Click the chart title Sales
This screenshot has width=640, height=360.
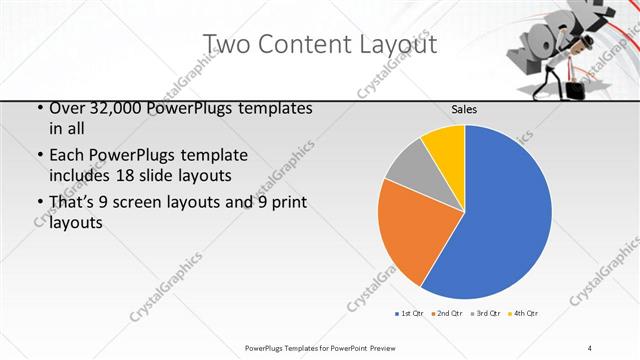[x=465, y=109]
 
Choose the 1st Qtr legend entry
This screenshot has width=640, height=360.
[x=411, y=314]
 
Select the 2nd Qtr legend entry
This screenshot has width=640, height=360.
[x=447, y=314]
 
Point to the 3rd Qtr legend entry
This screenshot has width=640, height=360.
[x=486, y=314]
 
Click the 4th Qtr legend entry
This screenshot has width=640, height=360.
[x=524, y=314]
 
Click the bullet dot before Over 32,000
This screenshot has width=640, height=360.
[x=38, y=108]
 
